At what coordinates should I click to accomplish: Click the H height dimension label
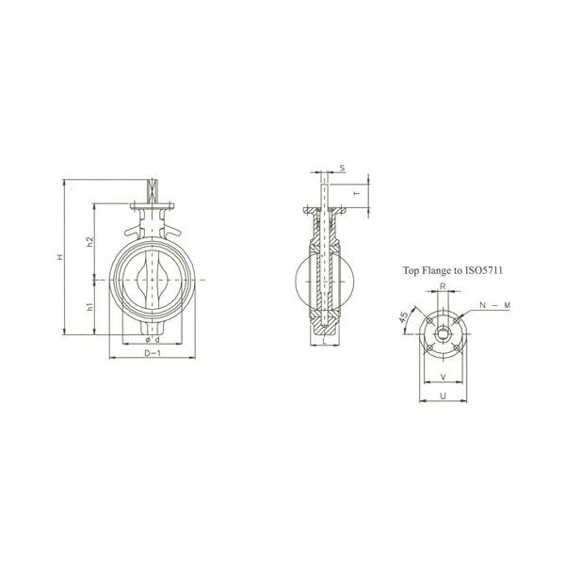(59, 255)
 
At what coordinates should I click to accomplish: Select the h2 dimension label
(89, 242)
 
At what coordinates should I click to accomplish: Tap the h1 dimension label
(89, 306)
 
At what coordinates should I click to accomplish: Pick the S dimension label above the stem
(342, 169)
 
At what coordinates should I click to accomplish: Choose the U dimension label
(443, 396)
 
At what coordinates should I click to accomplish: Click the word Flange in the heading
(439, 270)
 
